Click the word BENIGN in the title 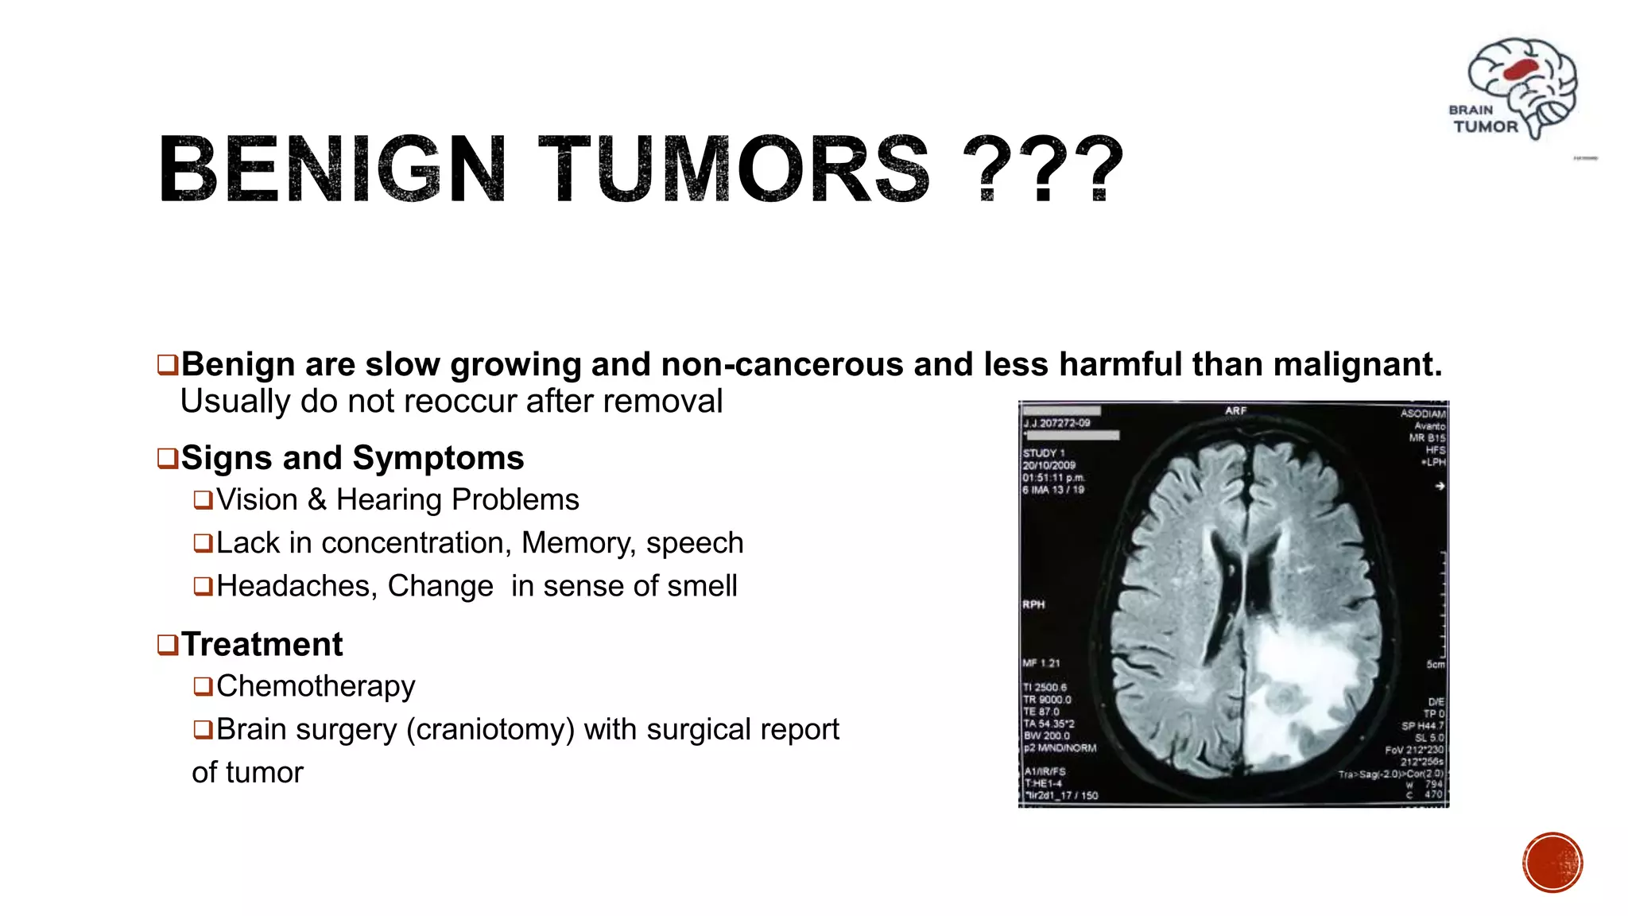[332, 169]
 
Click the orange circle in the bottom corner [1552, 863]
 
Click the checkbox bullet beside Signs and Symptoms [167, 459]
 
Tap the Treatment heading [262, 645]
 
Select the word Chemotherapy [316, 686]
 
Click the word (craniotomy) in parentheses [490, 730]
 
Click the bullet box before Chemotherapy [203, 686]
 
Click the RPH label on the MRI [1033, 605]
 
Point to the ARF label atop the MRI [1235, 411]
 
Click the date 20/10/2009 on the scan [1049, 465]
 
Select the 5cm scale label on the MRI [1435, 665]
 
